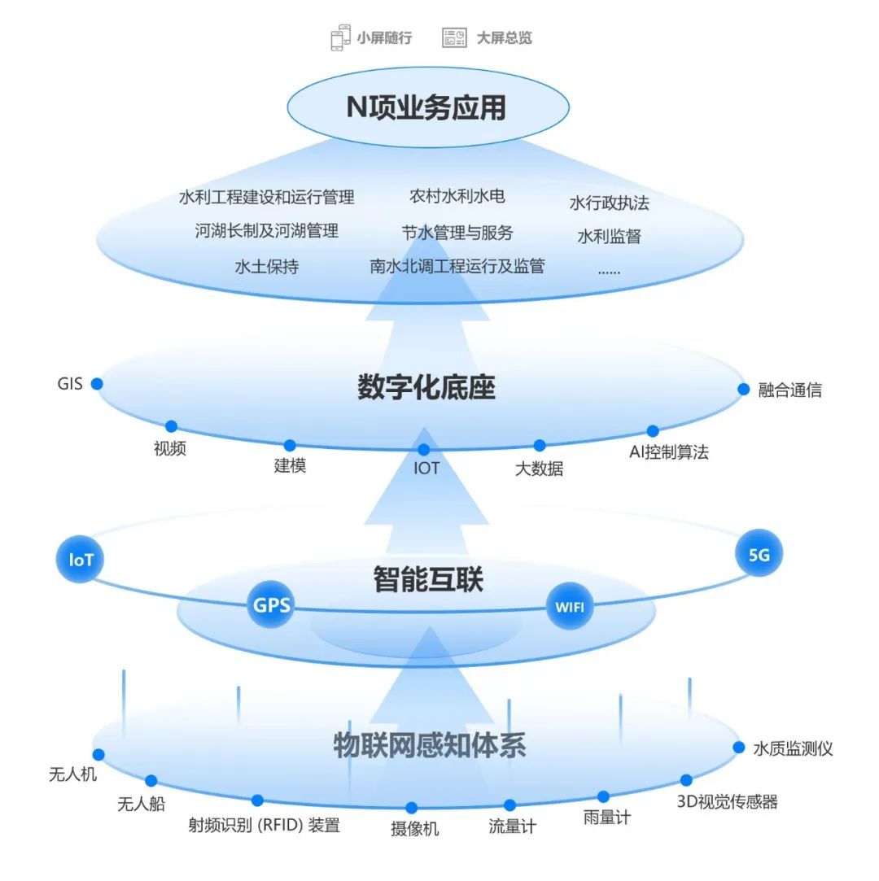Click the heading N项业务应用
click(x=426, y=107)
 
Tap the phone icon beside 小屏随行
click(x=339, y=38)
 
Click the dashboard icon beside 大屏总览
click(x=454, y=37)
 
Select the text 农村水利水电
click(x=457, y=196)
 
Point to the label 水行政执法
click(x=610, y=203)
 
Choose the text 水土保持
click(x=266, y=266)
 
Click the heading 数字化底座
click(x=426, y=387)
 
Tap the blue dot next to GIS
click(x=97, y=383)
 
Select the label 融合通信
click(x=789, y=390)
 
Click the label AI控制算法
click(x=669, y=452)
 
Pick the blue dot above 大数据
click(x=540, y=445)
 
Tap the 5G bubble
click(x=759, y=555)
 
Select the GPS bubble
click(x=271, y=605)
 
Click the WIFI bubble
click(x=570, y=606)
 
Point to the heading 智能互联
click(x=428, y=579)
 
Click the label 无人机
click(x=72, y=774)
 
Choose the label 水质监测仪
click(x=793, y=748)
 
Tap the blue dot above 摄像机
click(x=412, y=808)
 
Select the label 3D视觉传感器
click(x=728, y=802)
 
